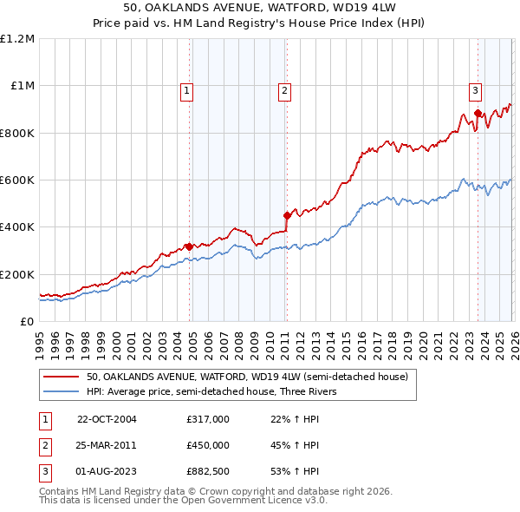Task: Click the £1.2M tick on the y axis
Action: [17, 39]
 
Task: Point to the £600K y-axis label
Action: [16, 181]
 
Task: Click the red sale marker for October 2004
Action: [189, 246]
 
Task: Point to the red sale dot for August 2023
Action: [478, 113]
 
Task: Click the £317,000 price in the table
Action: [208, 419]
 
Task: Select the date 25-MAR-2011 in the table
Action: [107, 445]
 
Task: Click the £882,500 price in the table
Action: [208, 471]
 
